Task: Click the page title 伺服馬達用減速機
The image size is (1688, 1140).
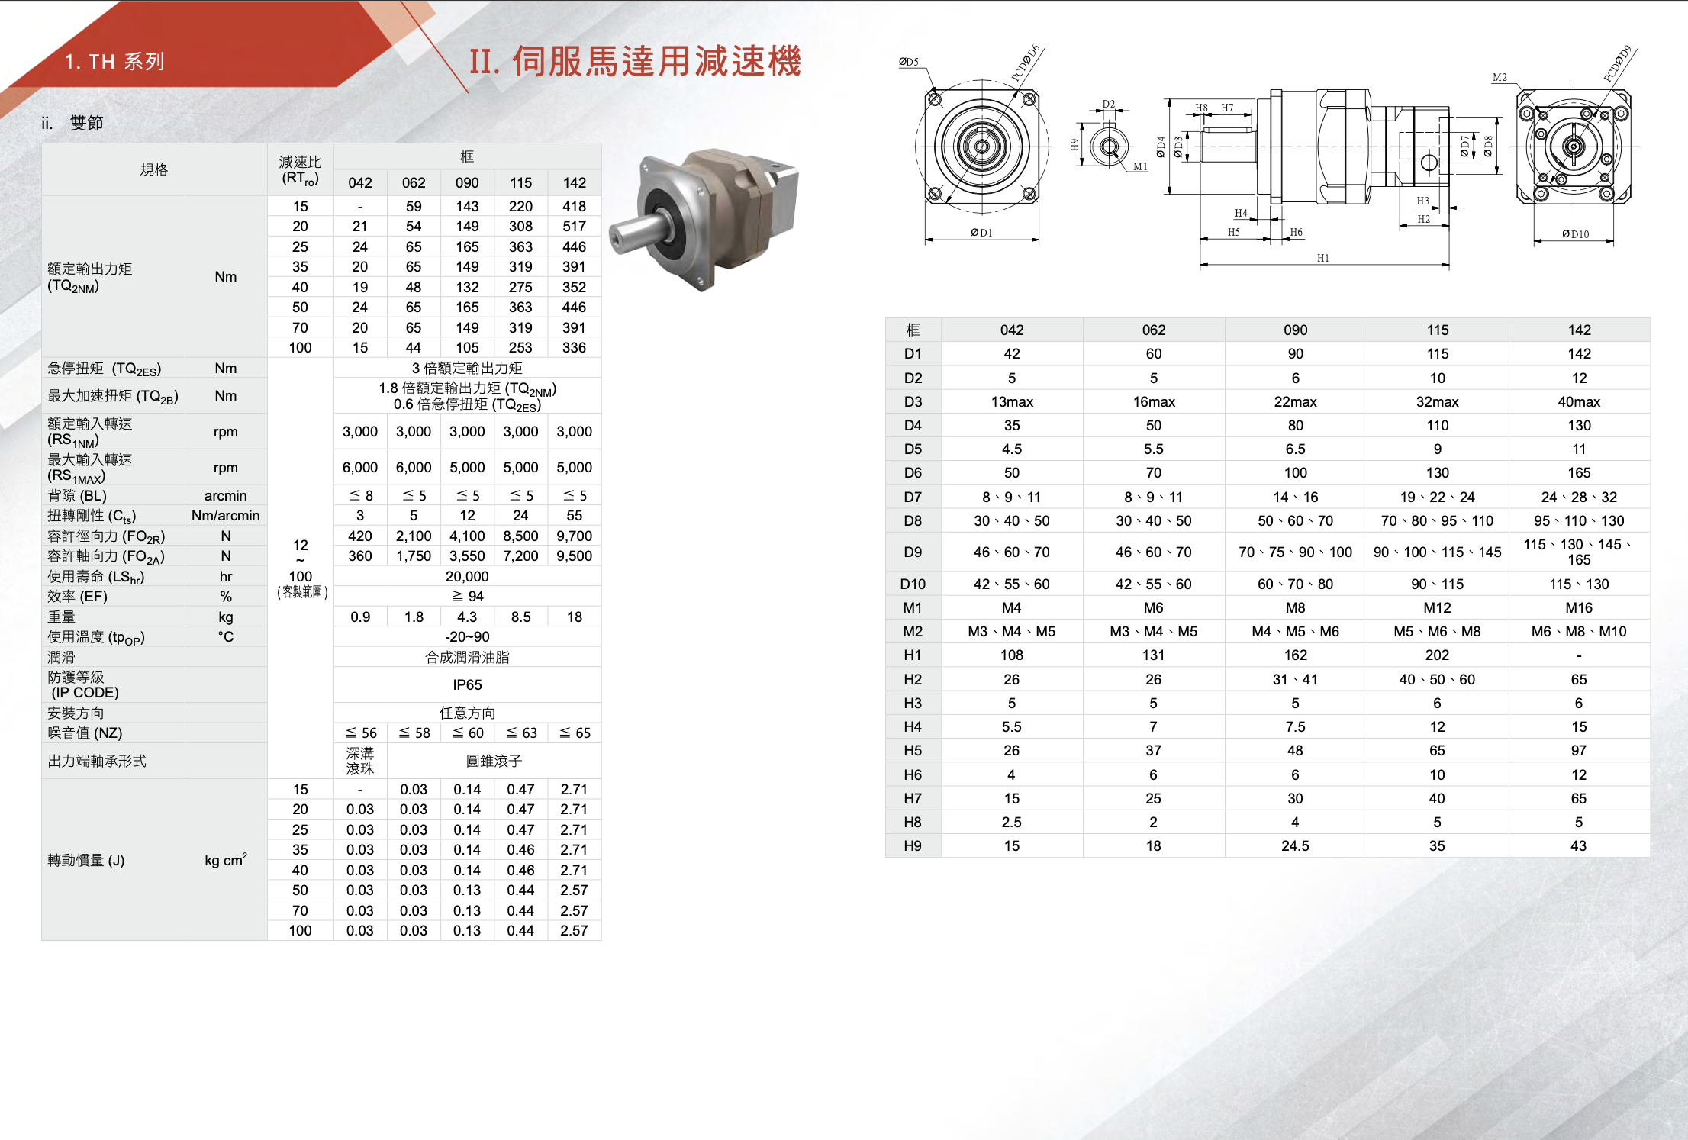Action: point(656,61)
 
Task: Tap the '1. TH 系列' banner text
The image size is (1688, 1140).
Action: point(114,62)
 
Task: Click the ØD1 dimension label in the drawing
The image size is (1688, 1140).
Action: point(981,233)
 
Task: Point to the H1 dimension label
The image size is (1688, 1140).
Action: point(1322,258)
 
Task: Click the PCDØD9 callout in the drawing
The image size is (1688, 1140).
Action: point(1617,63)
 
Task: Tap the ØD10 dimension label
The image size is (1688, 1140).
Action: point(1575,234)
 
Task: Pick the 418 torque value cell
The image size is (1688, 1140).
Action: point(574,206)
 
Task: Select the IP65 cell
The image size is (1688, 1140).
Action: point(467,685)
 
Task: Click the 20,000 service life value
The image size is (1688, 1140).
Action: point(467,576)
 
